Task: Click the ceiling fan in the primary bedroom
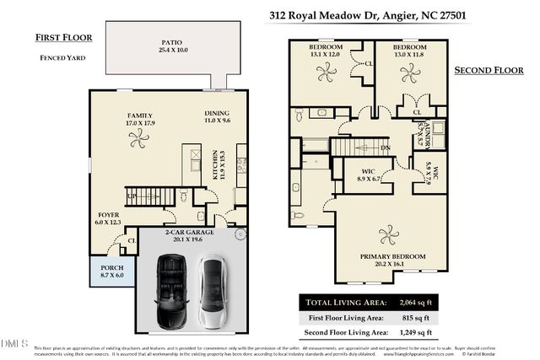(388, 234)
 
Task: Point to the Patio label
(172, 46)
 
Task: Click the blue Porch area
(112, 271)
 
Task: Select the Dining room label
(217, 117)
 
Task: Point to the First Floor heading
(63, 37)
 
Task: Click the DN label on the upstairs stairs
(385, 148)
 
